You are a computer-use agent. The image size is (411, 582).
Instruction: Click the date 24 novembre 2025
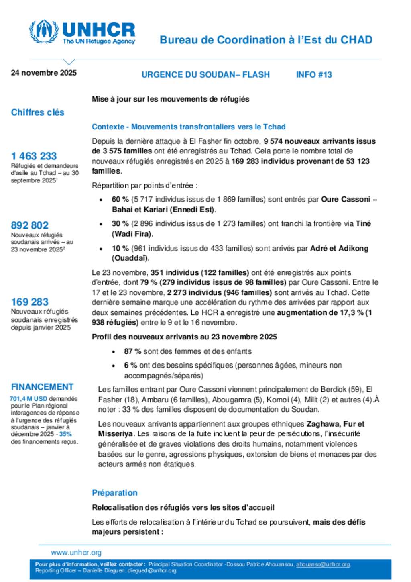tap(44, 73)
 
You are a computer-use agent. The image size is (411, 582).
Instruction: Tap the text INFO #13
tap(314, 75)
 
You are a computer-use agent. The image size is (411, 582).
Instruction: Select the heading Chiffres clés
tap(38, 112)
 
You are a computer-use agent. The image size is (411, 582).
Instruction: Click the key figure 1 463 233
tap(34, 156)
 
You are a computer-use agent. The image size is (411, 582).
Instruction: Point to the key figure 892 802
tap(30, 225)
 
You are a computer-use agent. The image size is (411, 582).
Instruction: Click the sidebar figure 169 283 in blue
tap(30, 302)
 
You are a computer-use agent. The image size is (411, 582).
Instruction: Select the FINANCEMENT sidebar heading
tap(42, 387)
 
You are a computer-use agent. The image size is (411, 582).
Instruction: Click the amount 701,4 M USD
tap(28, 398)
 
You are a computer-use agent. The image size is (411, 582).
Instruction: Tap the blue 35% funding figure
tap(65, 434)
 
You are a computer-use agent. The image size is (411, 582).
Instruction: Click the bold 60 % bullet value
tap(120, 199)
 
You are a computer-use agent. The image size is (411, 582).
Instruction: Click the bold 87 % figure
tap(132, 351)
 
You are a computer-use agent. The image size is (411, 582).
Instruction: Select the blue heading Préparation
tap(115, 493)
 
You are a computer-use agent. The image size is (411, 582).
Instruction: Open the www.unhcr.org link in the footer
tap(76, 553)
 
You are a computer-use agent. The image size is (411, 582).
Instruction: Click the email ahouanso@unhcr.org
tap(323, 564)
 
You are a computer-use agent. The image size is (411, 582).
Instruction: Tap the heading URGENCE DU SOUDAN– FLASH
tap(205, 75)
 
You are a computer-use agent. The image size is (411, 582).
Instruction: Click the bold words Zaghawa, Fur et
tap(336, 424)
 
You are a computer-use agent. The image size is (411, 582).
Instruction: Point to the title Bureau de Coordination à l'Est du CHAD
tap(266, 40)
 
